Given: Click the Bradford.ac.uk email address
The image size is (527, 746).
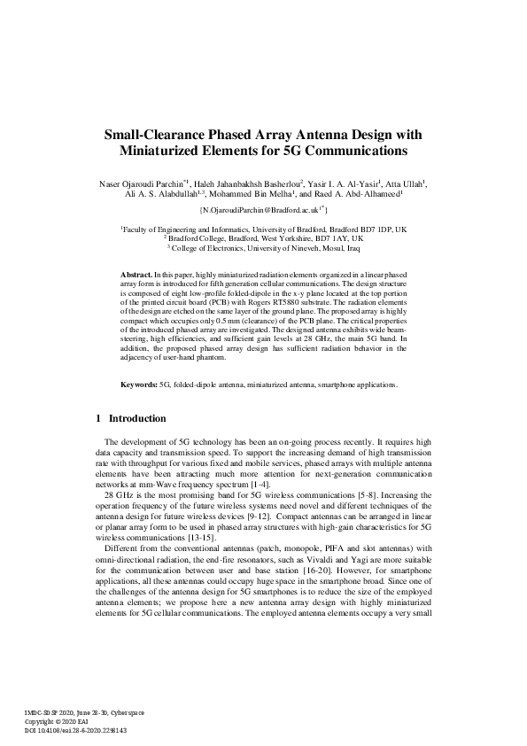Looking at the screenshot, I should [263, 211].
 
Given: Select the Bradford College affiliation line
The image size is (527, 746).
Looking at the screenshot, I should [263, 238].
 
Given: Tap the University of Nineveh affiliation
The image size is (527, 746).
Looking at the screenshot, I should [263, 248].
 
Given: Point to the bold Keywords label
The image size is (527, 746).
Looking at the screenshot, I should [139, 409].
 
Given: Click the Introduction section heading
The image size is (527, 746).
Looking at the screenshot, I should [136, 443].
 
